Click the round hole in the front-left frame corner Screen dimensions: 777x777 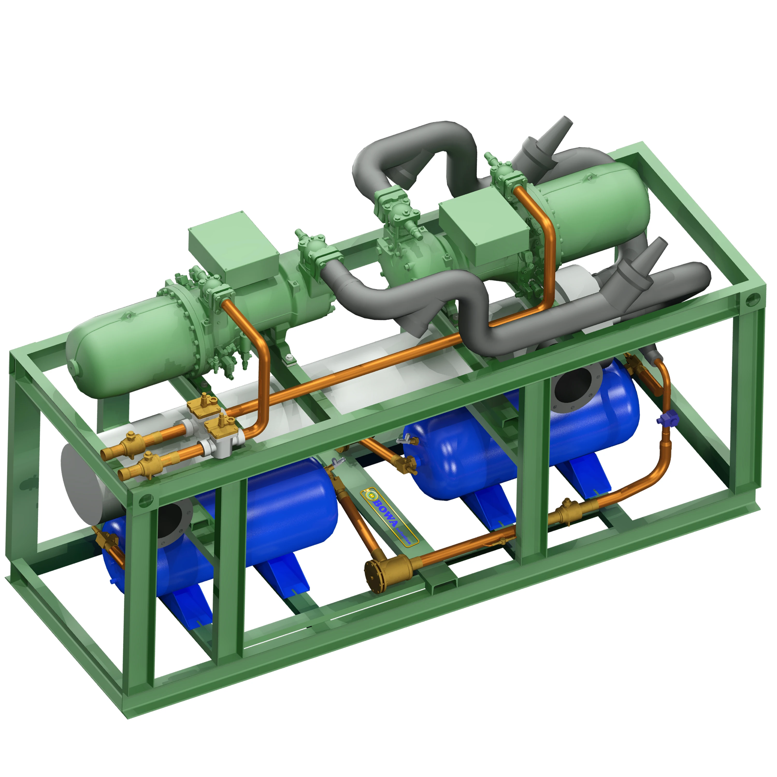click(146, 500)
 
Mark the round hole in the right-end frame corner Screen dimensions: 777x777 click(751, 300)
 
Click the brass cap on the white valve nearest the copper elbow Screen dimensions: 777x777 click(220, 423)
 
